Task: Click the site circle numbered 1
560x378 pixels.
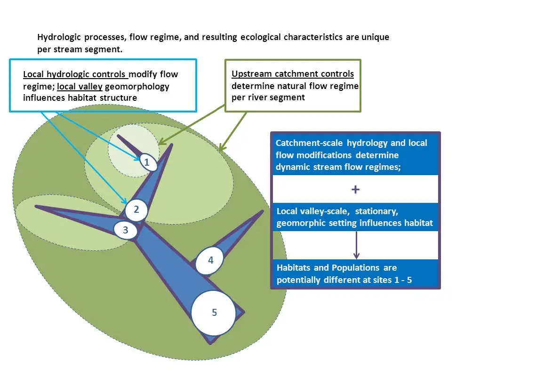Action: tap(147, 162)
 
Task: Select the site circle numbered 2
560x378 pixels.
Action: tap(136, 210)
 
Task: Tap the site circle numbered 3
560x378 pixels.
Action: tap(126, 230)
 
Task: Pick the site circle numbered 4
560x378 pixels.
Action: tap(210, 260)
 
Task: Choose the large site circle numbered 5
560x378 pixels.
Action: tap(214, 313)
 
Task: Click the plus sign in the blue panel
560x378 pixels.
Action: tap(355, 189)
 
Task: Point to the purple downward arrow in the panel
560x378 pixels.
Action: tap(356, 245)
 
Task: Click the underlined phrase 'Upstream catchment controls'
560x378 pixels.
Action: tap(293, 73)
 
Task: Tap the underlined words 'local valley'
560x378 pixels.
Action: tap(80, 87)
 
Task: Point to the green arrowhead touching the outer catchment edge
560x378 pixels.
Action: tap(221, 147)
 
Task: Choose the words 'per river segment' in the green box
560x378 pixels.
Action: tap(268, 97)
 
